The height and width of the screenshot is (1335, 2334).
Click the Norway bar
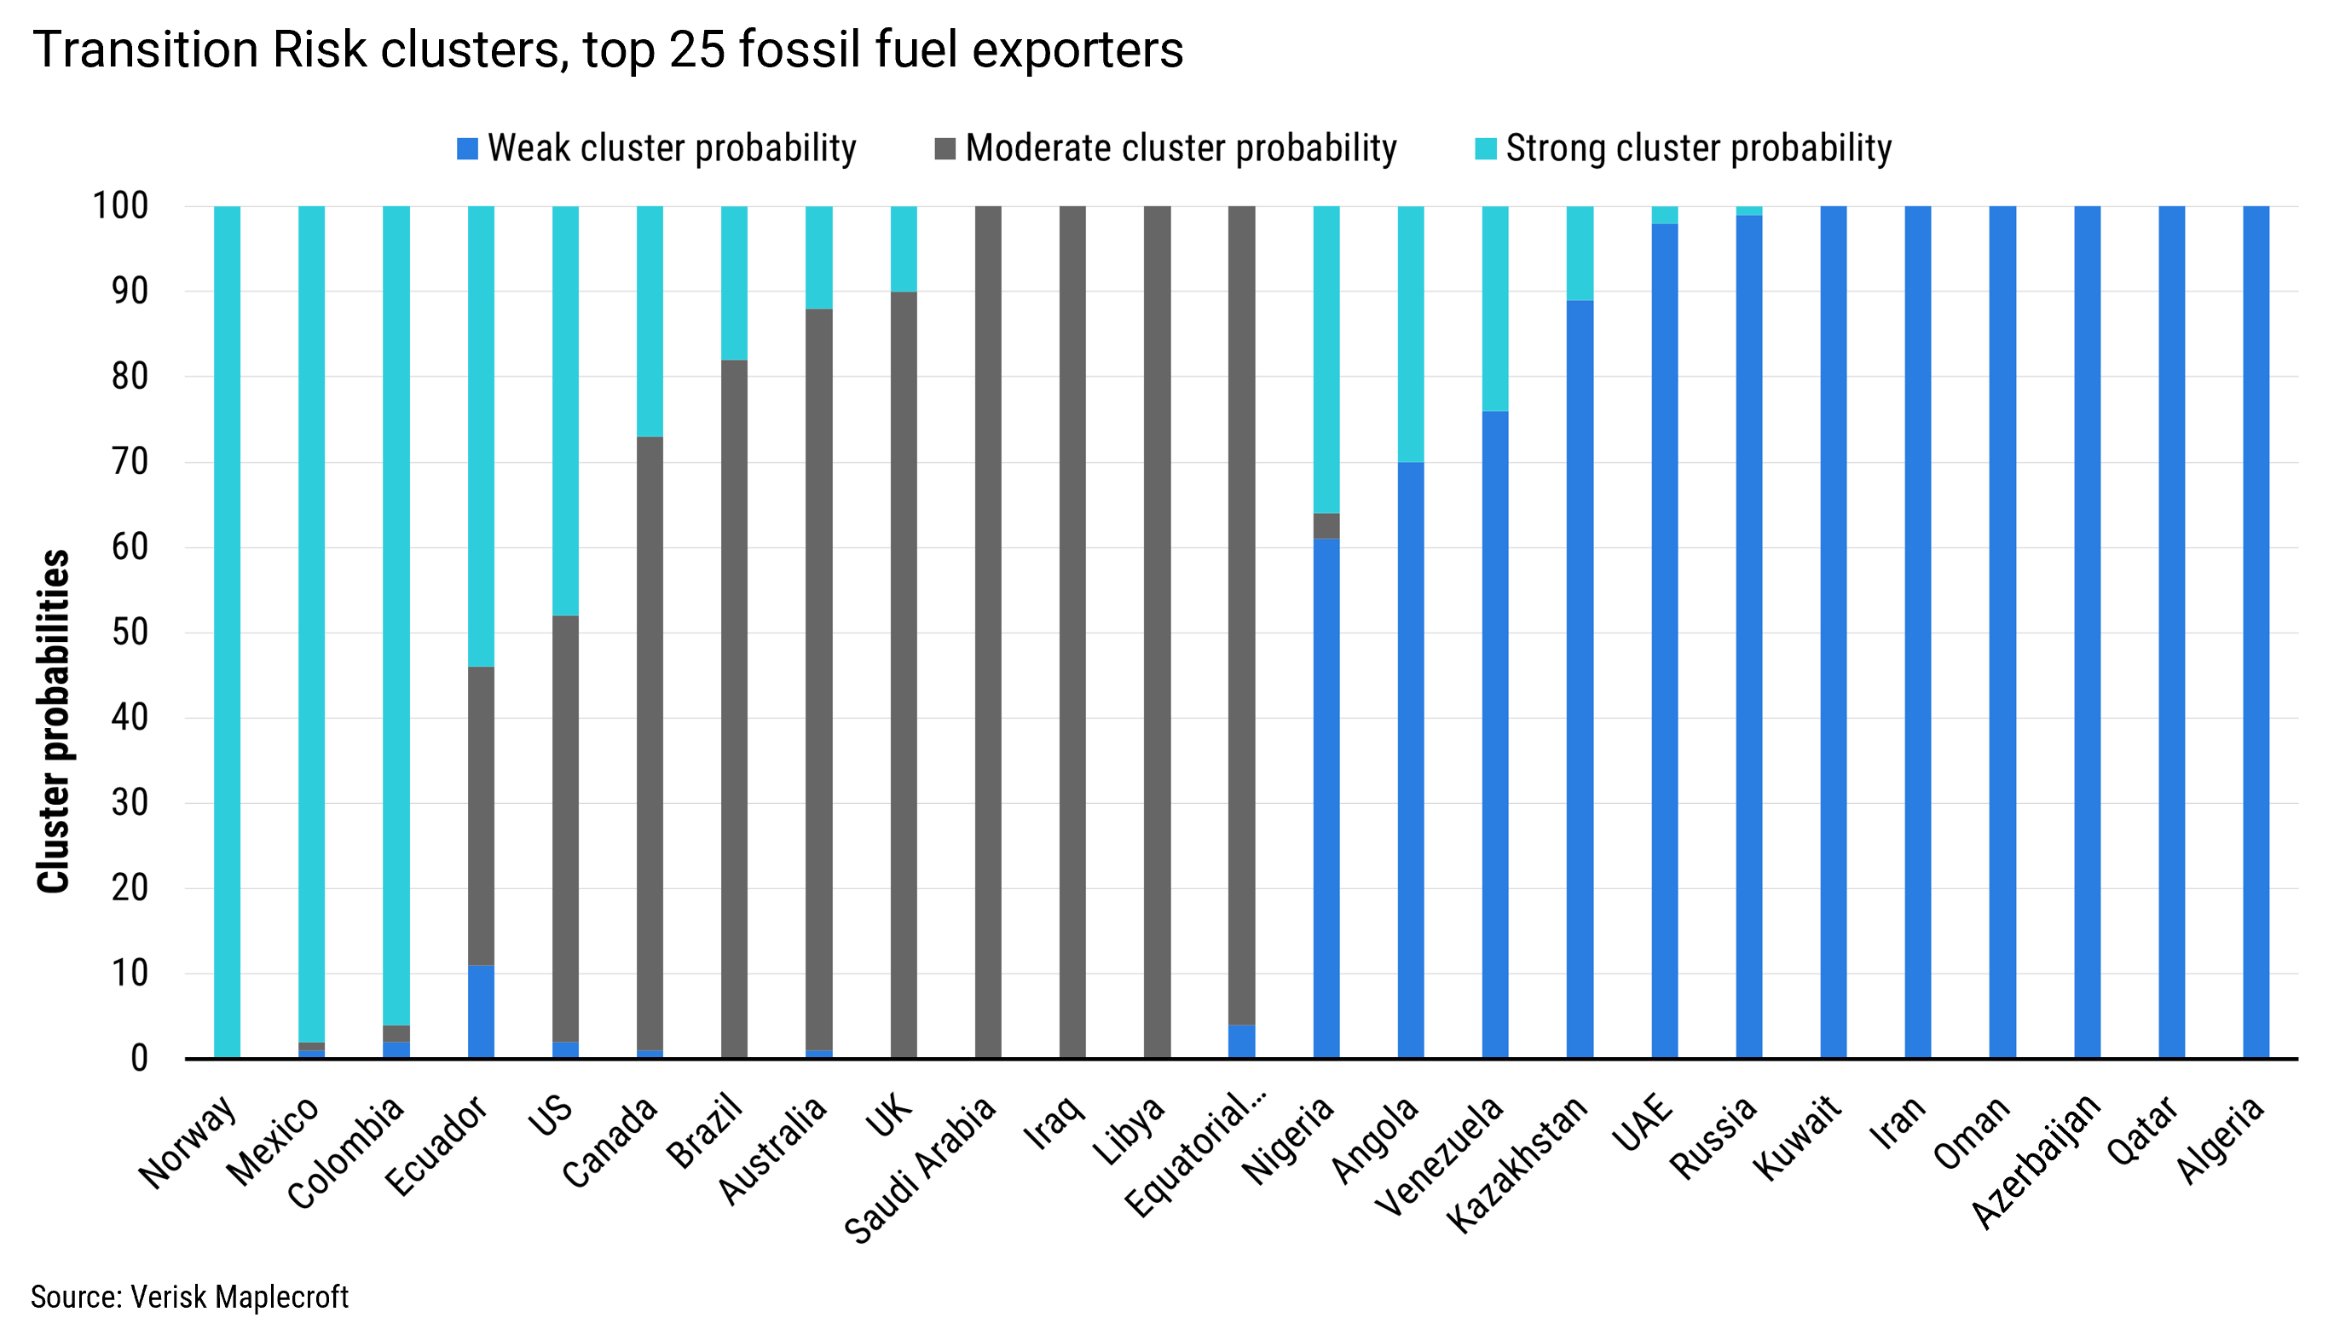tap(227, 633)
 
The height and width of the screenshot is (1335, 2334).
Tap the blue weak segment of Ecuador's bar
tap(481, 1011)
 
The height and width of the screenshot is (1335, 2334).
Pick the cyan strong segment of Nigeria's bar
tap(1326, 360)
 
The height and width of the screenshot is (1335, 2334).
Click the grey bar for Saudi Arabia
tap(987, 633)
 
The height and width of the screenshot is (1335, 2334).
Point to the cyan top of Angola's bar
tap(1410, 334)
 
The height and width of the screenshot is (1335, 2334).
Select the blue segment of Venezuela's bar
tap(1494, 733)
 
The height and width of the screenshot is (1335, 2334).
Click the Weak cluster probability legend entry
tap(656, 148)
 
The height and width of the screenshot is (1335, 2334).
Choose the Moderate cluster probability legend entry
tap(1165, 148)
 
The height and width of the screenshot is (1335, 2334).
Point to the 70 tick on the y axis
tap(130, 462)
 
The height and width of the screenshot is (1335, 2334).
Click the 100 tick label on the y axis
tap(120, 206)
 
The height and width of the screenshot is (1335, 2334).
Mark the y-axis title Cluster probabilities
tap(53, 720)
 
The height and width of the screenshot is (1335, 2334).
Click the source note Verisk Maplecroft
tap(190, 1297)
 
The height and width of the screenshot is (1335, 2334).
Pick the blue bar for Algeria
tap(2256, 633)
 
